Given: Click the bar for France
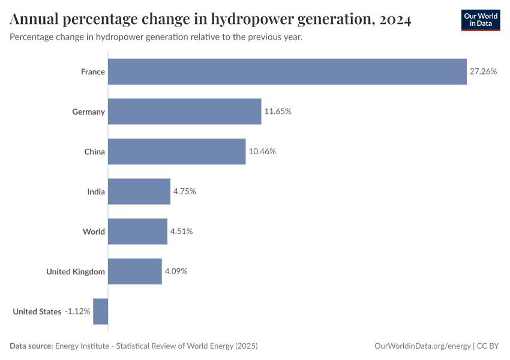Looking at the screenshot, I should coord(287,71).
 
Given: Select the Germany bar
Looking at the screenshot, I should coord(184,112).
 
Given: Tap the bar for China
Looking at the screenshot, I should coord(176,151).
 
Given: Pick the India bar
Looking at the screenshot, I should coord(139,191).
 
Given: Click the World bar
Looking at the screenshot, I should coord(137,232).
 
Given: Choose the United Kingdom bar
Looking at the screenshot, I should coord(134,271).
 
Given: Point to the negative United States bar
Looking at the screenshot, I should coord(100,311).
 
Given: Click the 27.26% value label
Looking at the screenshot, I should coord(483,71).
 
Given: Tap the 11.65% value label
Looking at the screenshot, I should coord(278,112).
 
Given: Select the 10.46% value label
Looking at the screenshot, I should coord(262,151).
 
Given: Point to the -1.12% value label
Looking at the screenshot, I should coord(77,311).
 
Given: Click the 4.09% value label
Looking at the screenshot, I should coord(176,271).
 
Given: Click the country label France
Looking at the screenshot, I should coord(93,71).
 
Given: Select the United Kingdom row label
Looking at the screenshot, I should coord(76,271).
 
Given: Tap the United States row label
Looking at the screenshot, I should coord(37,311).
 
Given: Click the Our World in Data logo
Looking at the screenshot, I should coord(481,20).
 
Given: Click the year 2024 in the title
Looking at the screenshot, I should coord(395,20).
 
